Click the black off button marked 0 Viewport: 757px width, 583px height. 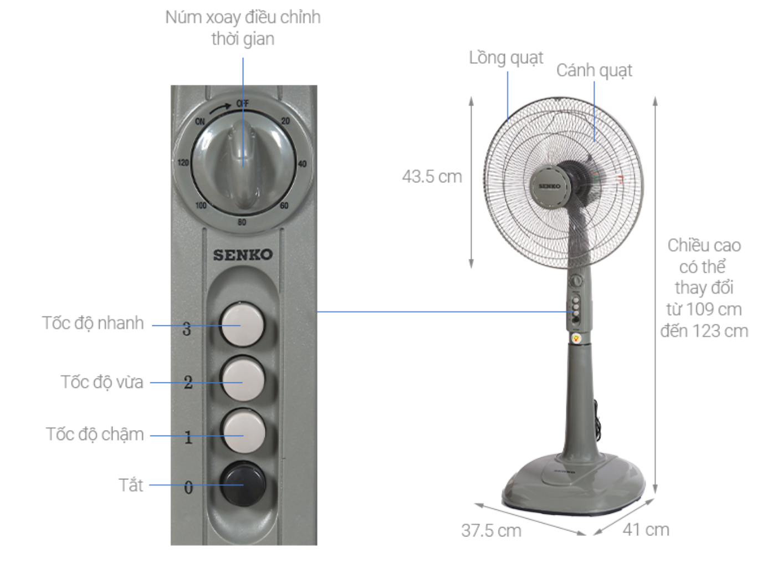pyautogui.click(x=243, y=483)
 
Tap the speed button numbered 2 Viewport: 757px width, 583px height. pyautogui.click(x=243, y=378)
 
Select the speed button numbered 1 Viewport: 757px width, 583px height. pyautogui.click(x=243, y=431)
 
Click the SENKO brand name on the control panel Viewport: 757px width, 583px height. pyautogui.click(x=243, y=254)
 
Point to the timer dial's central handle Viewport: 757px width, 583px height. pyautogui.click(x=244, y=163)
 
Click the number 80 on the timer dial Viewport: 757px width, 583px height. pyautogui.click(x=242, y=222)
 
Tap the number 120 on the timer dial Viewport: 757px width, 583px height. pyautogui.click(x=183, y=162)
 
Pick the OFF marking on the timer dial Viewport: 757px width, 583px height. pyautogui.click(x=243, y=104)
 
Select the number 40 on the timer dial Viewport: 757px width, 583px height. pyautogui.click(x=302, y=163)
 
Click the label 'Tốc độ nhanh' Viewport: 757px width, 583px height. pyautogui.click(x=93, y=323)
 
